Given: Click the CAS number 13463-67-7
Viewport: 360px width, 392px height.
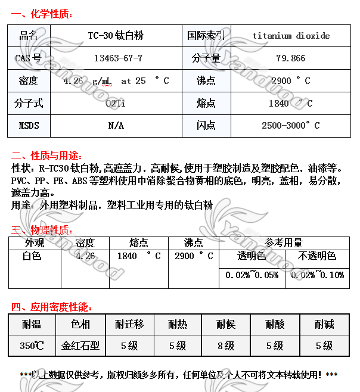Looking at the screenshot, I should pyautogui.click(x=119, y=58).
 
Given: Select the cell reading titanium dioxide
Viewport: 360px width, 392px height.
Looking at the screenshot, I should pyautogui.click(x=291, y=36).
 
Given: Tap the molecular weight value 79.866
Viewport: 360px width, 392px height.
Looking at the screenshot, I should pyautogui.click(x=291, y=58).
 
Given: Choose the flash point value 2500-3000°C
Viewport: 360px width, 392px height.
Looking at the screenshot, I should pyautogui.click(x=291, y=126).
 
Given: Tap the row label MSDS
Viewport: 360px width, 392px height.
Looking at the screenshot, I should pyautogui.click(x=29, y=126).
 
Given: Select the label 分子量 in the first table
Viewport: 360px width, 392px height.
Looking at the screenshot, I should pyautogui.click(x=206, y=58).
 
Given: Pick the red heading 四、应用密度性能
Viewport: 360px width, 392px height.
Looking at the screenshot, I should pyautogui.click(x=52, y=307).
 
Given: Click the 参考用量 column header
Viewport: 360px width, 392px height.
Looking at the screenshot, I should pyautogui.click(x=284, y=243).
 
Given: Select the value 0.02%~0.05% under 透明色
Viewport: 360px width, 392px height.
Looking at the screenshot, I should pyautogui.click(x=252, y=275).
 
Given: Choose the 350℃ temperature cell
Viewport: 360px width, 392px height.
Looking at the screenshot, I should pyautogui.click(x=32, y=346).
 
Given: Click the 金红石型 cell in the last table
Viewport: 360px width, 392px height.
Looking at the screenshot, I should pyautogui.click(x=80, y=346).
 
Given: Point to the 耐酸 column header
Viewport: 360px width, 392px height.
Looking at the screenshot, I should pyautogui.click(x=275, y=325).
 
